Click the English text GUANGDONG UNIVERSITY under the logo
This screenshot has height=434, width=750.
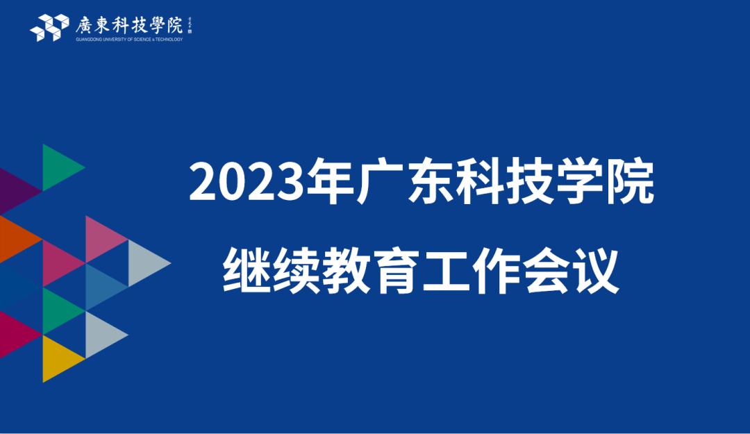tap(104, 40)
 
